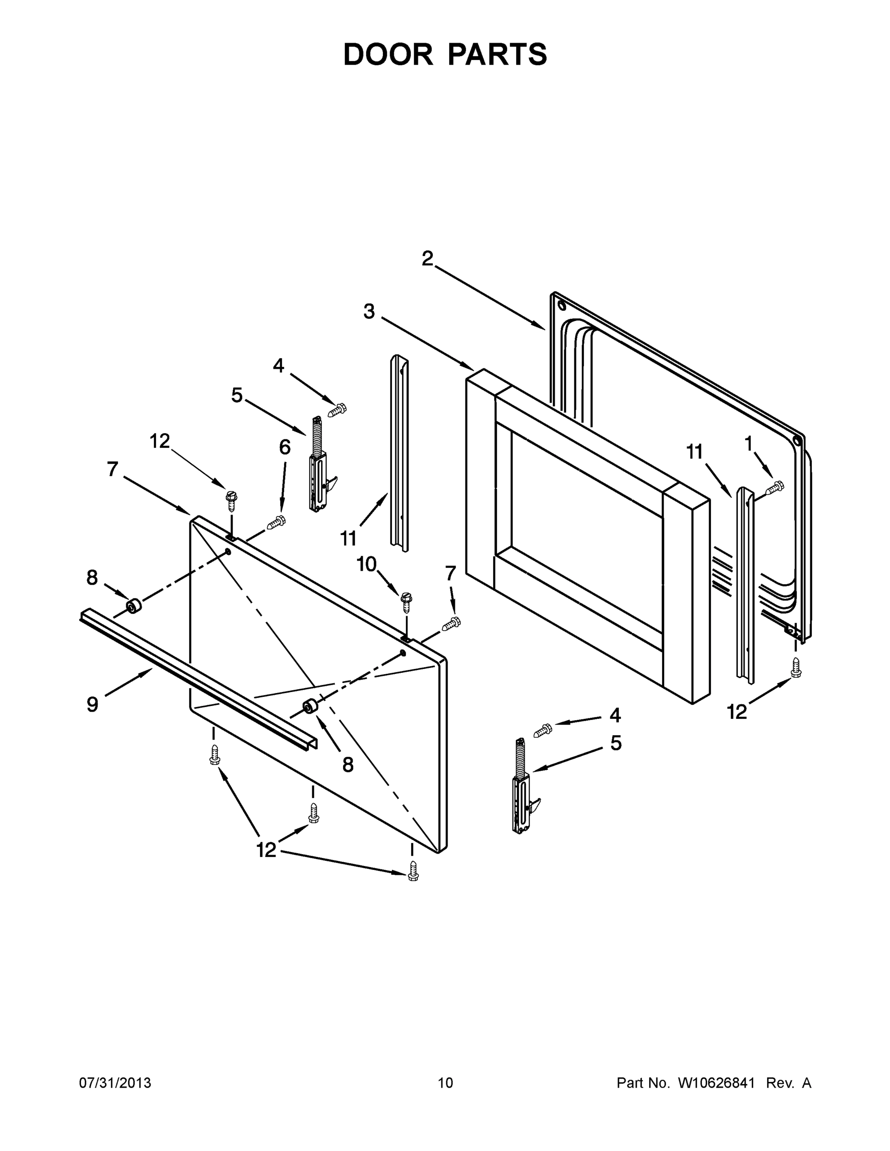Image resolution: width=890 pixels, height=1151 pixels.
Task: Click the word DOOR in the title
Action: pyautogui.click(x=388, y=54)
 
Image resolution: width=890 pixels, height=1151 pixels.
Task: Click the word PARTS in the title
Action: pyautogui.click(x=498, y=54)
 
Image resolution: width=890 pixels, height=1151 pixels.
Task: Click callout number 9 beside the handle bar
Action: pyautogui.click(x=93, y=704)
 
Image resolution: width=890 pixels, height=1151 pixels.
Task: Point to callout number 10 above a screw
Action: pyautogui.click(x=367, y=564)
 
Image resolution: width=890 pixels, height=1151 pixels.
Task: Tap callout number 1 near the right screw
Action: pyautogui.click(x=748, y=444)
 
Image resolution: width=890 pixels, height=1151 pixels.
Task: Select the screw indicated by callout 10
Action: pyautogui.click(x=406, y=601)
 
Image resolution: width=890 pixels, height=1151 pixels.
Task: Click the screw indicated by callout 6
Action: pyautogui.click(x=276, y=523)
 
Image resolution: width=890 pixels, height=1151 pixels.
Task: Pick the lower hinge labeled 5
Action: pyautogui.click(x=522, y=787)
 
